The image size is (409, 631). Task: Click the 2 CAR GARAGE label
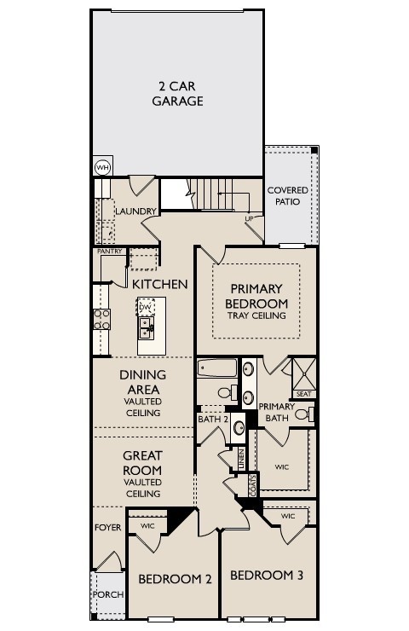point(177,93)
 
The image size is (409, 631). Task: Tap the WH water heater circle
point(102,167)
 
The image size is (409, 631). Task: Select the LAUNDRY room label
point(136,211)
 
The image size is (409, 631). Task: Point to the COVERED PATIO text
point(288,198)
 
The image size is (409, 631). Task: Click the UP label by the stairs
point(249,218)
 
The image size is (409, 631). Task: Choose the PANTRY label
point(110,252)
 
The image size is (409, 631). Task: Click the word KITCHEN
point(159,283)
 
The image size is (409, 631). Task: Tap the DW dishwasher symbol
point(146,307)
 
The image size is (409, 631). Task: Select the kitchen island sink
point(147,326)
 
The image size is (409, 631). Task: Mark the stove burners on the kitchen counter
point(101,320)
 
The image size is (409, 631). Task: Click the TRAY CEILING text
point(256,315)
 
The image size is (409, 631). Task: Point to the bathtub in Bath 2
point(218,369)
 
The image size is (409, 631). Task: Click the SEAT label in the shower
point(303,393)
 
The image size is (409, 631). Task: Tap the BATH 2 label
point(213,419)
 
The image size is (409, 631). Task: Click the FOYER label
point(107,528)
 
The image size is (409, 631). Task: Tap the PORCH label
point(107,594)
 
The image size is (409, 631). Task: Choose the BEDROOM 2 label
point(175,578)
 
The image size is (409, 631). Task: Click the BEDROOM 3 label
point(267,575)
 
